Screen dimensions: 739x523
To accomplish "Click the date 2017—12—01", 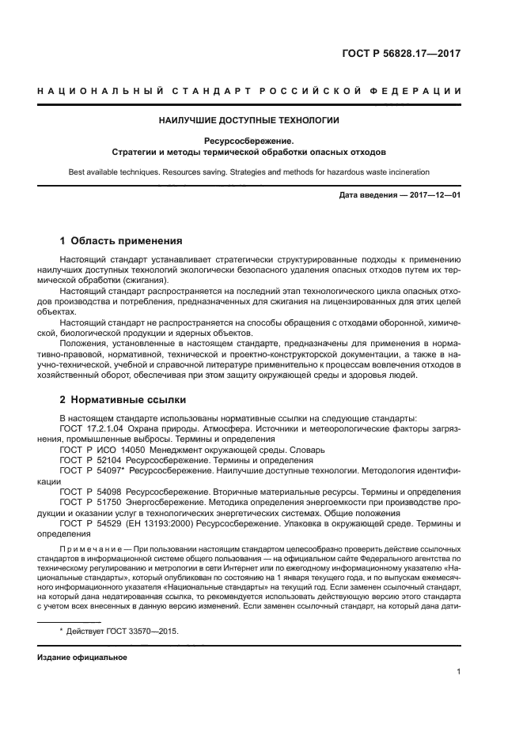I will (x=433, y=194).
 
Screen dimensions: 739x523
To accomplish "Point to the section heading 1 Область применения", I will (x=121, y=240).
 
